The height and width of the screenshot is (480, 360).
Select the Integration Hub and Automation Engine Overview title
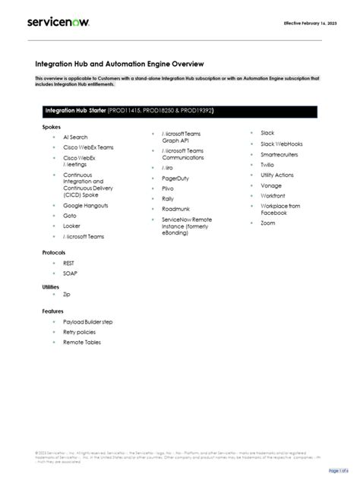119,65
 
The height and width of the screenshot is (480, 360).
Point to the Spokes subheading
52,127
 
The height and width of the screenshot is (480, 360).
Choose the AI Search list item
76,137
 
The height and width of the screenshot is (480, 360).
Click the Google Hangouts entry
85,205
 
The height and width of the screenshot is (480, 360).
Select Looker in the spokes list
71,226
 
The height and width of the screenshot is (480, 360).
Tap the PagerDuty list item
175,178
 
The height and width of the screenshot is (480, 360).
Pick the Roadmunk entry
175,208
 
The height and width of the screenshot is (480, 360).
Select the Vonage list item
271,185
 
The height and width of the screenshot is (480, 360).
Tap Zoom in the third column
268,223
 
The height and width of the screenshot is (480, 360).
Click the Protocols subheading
54,251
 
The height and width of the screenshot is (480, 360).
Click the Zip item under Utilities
67,293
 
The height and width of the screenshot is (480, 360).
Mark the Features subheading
53,311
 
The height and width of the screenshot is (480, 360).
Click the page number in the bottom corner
338,470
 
